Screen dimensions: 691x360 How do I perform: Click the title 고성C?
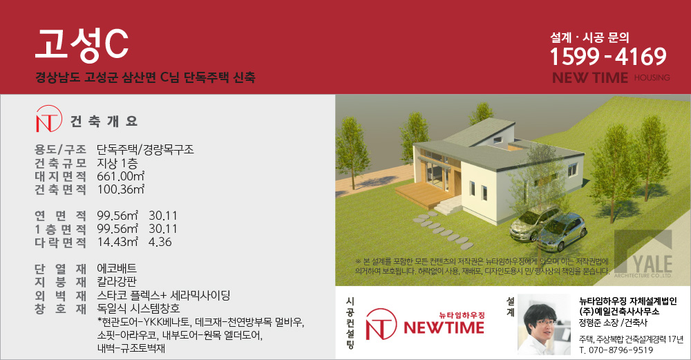pos(82,44)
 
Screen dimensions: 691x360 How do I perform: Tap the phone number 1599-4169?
pos(608,57)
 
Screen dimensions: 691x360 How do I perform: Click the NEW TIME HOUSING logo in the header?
pos(611,78)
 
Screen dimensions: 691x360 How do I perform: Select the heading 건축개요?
pos(104,121)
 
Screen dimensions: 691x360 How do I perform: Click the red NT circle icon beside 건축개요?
pos(48,119)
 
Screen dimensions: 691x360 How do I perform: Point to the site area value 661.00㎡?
pos(121,176)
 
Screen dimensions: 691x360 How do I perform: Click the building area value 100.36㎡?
pos(121,189)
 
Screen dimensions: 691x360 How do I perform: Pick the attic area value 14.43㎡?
pos(117,242)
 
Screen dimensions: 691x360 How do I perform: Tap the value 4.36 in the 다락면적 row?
pos(160,242)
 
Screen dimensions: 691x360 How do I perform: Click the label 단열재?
pos(60,268)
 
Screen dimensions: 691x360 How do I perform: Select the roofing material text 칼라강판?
pos(117,281)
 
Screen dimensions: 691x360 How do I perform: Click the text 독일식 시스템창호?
pos(138,308)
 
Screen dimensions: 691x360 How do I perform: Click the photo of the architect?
pos(544,324)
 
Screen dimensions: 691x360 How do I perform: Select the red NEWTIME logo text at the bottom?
pos(444,328)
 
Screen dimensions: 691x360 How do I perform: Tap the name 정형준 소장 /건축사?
pos(613,323)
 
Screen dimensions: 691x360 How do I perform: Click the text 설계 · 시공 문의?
pos(589,38)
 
